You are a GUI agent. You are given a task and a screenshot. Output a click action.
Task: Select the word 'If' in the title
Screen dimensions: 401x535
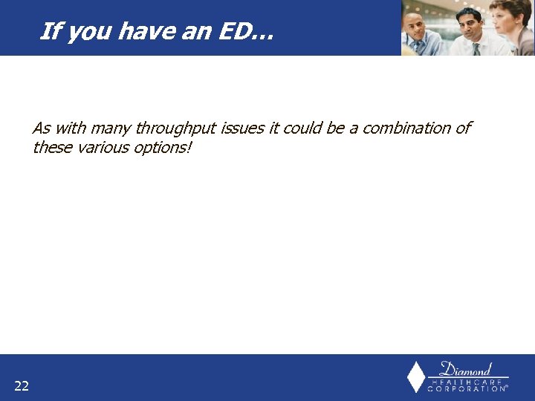pyautogui.click(x=49, y=31)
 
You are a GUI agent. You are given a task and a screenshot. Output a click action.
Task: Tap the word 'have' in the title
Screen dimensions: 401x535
pyautogui.click(x=152, y=31)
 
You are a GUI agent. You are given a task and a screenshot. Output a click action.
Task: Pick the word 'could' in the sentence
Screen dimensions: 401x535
pyautogui.click(x=302, y=128)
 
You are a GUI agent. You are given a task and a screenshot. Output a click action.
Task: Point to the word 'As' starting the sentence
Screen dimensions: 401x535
pyautogui.click(x=41, y=128)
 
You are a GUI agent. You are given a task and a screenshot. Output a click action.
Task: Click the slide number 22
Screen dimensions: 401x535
pyautogui.click(x=22, y=385)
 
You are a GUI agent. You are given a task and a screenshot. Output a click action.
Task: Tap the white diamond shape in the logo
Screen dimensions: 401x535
pyautogui.click(x=417, y=376)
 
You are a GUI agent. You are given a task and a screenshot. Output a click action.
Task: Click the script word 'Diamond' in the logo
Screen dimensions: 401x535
pyautogui.click(x=466, y=368)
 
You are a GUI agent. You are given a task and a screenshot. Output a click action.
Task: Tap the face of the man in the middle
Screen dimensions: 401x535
pyautogui.click(x=470, y=22)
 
